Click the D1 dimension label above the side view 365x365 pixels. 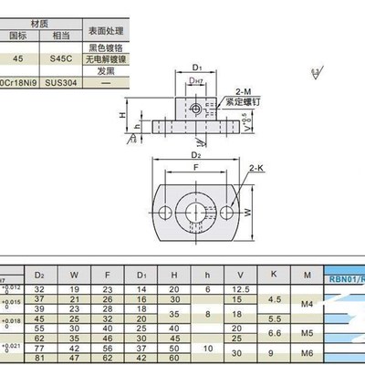[x=198, y=66]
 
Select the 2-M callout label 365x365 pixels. [x=244, y=92]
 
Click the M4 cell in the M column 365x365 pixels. [x=307, y=303]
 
